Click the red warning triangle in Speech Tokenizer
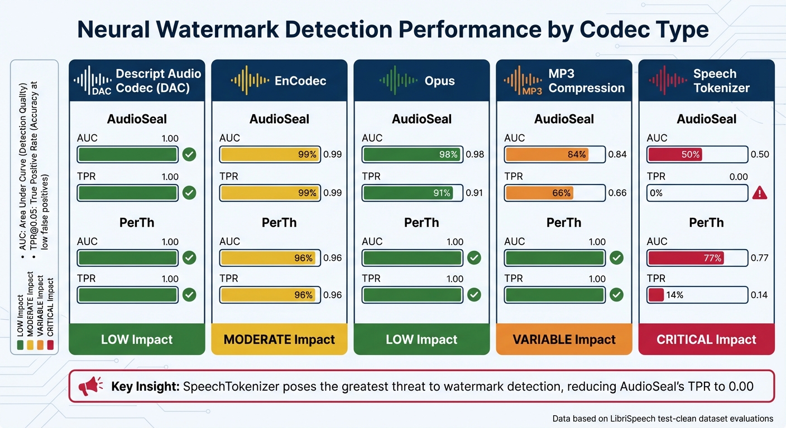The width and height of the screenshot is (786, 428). click(760, 193)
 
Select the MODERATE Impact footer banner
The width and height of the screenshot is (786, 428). click(279, 339)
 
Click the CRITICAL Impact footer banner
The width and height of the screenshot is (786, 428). click(706, 339)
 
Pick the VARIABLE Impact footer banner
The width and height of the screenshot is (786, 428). click(564, 339)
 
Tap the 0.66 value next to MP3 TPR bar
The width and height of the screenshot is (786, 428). click(617, 193)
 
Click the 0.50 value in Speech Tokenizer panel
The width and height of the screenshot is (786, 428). click(760, 154)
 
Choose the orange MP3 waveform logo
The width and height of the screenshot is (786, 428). click(523, 81)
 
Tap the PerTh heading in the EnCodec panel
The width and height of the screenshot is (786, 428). click(279, 222)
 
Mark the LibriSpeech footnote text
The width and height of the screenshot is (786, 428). click(663, 419)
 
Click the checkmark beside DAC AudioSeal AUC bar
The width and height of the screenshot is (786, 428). click(189, 154)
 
